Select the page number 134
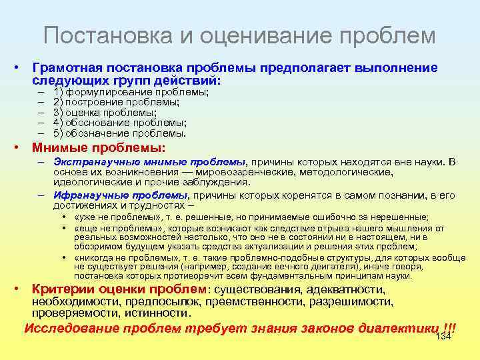click(x=443, y=336)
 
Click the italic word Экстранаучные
click(x=89, y=161)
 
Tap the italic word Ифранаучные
click(x=87, y=196)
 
